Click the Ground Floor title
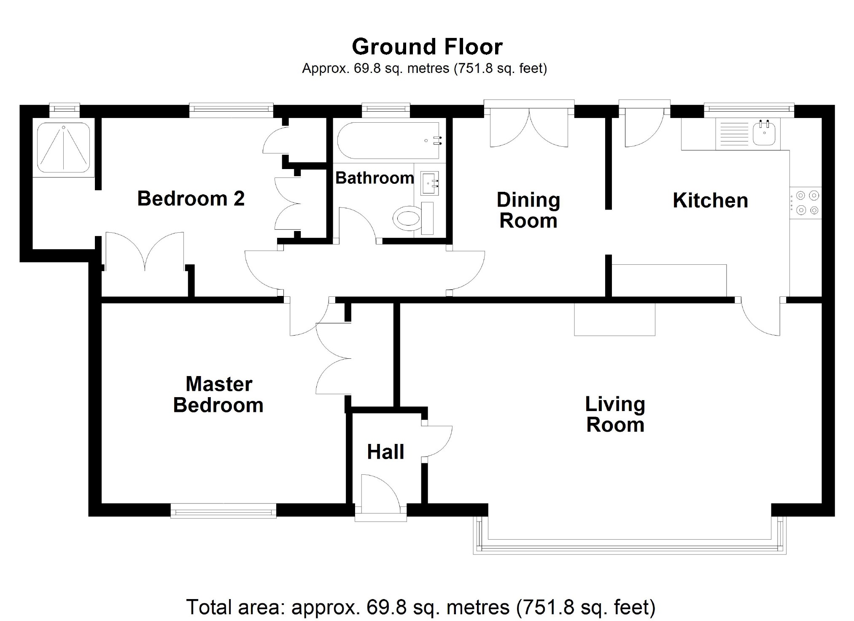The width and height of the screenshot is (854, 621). click(427, 47)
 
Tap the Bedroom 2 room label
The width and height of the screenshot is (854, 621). click(191, 199)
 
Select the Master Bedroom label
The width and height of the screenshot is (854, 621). click(218, 395)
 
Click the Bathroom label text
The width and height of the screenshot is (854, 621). click(374, 178)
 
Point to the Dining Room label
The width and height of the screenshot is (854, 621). click(528, 210)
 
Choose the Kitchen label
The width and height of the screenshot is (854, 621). click(710, 200)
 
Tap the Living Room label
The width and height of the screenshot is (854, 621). click(615, 414)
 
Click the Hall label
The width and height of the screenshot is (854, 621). click(385, 452)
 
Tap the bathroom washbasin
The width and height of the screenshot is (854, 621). click(429, 183)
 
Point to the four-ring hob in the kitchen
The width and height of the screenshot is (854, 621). click(805, 203)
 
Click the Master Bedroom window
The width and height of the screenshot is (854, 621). click(223, 511)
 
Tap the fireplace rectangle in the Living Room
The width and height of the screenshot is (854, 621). click(614, 320)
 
